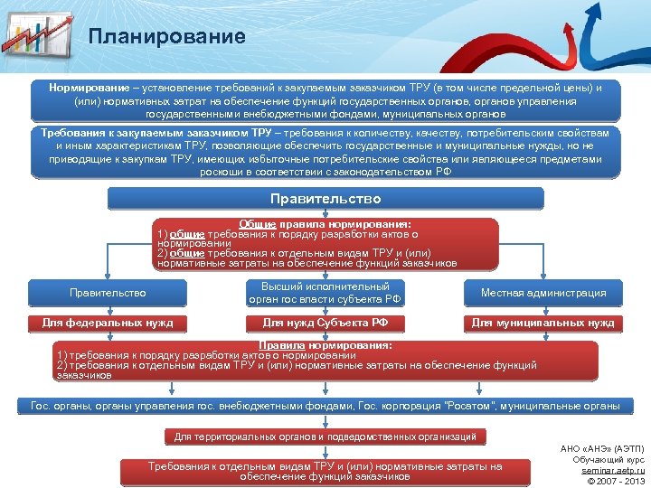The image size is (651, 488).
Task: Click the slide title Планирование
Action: [x=167, y=37]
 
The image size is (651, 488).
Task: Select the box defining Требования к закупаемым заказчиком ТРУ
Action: [x=325, y=152]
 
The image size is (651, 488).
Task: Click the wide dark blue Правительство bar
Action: [x=325, y=199]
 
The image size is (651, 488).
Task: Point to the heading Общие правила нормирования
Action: [x=325, y=223]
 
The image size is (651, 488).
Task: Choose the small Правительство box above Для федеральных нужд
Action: [x=108, y=293]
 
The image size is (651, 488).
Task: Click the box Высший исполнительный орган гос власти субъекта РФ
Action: [x=325, y=293]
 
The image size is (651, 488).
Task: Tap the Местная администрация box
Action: [x=542, y=293]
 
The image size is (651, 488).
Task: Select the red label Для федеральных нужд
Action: [x=108, y=323]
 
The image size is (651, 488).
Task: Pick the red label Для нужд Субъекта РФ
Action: [x=325, y=323]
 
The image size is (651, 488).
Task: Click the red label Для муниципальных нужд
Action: [x=542, y=323]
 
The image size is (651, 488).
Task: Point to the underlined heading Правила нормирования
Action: [x=325, y=345]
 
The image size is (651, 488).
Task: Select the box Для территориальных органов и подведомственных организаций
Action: [x=325, y=437]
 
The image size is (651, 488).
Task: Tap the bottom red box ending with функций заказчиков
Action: [x=325, y=471]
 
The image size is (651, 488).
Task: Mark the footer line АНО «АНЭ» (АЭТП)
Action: [x=602, y=448]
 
